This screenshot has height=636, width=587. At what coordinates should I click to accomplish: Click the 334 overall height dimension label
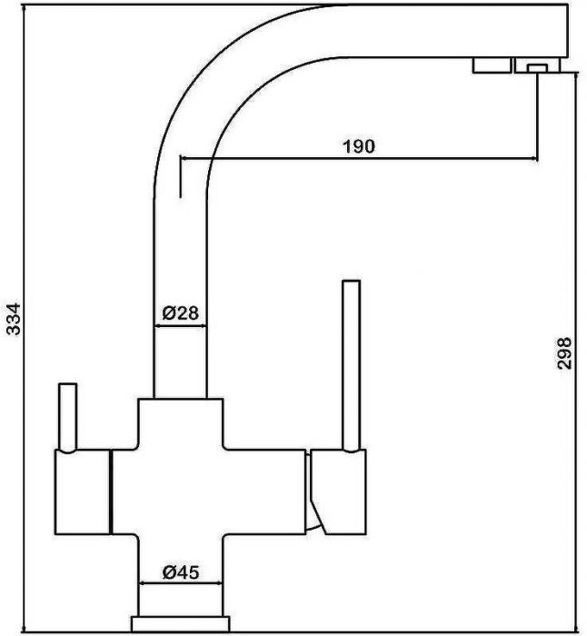click(15, 318)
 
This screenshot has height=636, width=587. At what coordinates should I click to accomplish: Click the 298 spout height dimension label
click(564, 353)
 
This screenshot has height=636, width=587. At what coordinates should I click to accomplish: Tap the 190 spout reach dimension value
click(359, 146)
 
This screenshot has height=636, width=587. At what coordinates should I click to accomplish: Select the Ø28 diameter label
click(181, 313)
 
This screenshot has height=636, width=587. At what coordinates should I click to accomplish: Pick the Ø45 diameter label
click(181, 572)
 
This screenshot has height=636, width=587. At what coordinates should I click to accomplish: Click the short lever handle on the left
click(68, 417)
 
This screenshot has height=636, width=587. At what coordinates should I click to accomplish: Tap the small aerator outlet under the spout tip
click(538, 68)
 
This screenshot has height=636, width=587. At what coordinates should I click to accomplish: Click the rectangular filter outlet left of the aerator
click(492, 65)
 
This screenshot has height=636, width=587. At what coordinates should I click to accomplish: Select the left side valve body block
click(83, 492)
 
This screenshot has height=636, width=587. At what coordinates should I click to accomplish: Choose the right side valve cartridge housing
click(338, 492)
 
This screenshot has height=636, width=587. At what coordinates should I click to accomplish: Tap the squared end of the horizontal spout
click(566, 31)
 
